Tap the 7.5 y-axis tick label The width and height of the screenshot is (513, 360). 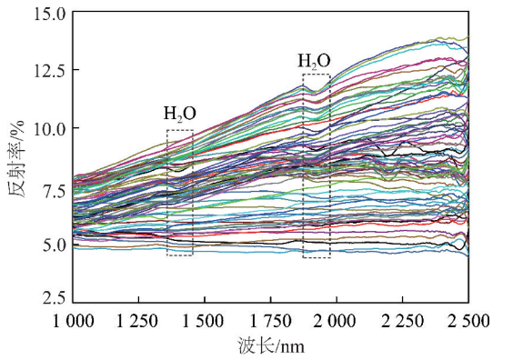tap(53, 187)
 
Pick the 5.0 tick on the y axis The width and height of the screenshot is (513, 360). tap(53, 245)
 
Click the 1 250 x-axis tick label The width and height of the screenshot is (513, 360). tap(139, 321)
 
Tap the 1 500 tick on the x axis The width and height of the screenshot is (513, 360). tap(205, 321)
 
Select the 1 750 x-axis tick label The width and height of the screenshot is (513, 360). tap(271, 321)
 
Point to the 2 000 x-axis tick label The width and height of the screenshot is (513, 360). tap(337, 321)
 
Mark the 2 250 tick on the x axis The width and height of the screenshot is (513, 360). tap(403, 321)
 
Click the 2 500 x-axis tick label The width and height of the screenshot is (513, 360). tap(468, 321)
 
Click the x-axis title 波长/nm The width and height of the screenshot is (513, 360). tap(270, 346)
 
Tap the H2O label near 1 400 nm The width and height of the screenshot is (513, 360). tap(180, 115)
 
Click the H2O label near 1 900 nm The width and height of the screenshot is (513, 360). tap(315, 62)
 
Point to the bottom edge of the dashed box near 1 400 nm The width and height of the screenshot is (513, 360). tap(180, 255)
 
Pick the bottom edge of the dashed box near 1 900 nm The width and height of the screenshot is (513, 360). tap(316, 258)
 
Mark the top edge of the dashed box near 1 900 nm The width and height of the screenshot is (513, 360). tap(316, 75)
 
